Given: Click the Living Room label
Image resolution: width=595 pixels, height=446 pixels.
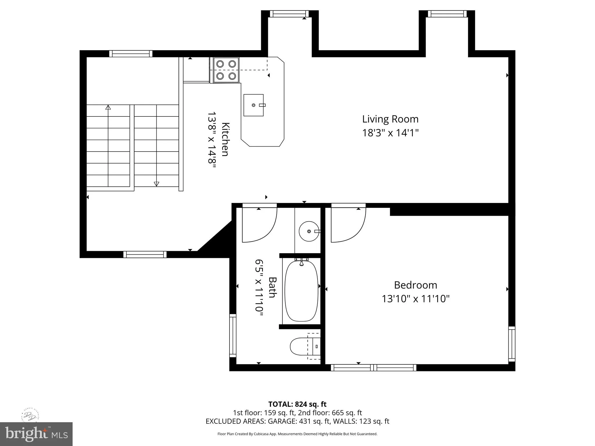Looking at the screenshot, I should point(390,119).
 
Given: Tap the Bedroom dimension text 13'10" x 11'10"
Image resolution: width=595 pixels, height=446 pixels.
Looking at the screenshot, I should point(415,299).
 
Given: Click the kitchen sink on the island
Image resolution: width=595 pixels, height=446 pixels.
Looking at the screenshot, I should point(253,105).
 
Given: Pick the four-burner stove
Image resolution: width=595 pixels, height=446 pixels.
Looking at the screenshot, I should point(226,70).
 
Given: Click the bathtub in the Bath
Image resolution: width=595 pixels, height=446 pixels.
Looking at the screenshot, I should point(302,291).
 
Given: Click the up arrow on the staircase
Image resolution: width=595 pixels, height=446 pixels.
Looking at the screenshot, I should point(108,108).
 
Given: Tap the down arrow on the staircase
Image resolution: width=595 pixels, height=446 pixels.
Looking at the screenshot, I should point(156,184).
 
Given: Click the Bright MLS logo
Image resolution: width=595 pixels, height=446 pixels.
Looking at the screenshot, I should point(36,434).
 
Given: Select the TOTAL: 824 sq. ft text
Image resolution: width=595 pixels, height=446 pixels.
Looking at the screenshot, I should point(297,404).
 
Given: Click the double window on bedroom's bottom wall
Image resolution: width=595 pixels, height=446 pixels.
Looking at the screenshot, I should point(373,368).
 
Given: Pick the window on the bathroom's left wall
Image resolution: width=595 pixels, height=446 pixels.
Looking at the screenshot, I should point(233,335).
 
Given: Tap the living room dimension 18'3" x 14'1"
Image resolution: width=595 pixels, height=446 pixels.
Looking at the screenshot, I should point(390,133).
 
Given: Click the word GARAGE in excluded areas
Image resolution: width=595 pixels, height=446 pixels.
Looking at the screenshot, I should point(284,421).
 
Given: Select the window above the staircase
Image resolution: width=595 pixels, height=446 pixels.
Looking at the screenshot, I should point(131,54).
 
